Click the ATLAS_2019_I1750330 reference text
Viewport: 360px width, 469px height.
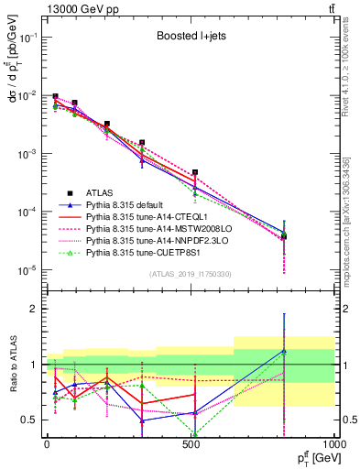[x=191, y=274]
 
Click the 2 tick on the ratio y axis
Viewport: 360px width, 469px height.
[x=36, y=309]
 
